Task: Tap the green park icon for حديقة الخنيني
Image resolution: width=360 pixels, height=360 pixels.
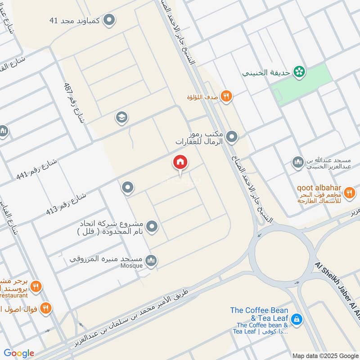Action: [298, 71]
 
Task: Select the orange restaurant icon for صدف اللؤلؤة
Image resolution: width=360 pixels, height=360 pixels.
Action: [226, 96]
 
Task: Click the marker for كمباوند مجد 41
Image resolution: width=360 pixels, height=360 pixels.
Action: [109, 20]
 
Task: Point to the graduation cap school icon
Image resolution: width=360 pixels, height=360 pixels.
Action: [121, 118]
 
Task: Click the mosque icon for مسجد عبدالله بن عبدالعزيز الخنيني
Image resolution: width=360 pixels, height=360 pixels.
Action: [297, 162]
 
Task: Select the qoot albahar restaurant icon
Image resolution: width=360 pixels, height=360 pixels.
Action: [349, 193]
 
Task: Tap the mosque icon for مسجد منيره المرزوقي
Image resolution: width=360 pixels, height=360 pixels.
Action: [152, 260]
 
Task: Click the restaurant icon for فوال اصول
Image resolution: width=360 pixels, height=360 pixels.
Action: [45, 308]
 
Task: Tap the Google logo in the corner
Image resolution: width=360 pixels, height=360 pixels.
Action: [19, 353]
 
